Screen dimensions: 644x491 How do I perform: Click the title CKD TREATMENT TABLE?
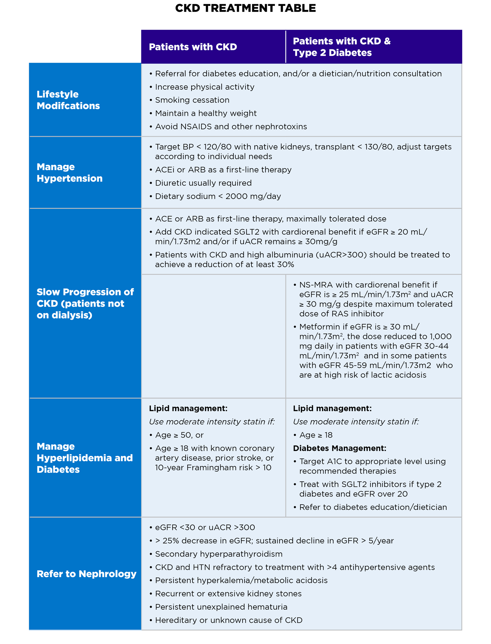[x=245, y=8]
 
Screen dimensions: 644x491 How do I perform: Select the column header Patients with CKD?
[x=193, y=47]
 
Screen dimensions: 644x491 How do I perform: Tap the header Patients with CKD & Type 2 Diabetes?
[x=341, y=47]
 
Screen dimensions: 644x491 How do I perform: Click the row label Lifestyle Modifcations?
[x=68, y=100]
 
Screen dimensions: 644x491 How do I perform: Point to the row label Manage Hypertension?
[x=69, y=172]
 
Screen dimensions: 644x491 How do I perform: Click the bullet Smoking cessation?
[x=192, y=100]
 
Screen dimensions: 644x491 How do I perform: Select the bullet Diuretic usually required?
[x=203, y=183]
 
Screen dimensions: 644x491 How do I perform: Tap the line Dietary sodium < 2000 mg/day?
[x=218, y=196]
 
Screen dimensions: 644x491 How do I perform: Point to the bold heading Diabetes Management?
[x=339, y=448]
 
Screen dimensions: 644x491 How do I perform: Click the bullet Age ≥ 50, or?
[x=179, y=435]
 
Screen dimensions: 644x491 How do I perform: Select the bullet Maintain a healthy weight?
[x=206, y=113]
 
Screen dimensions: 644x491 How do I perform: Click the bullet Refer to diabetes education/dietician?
[x=373, y=507]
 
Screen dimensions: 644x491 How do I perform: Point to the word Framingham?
[x=210, y=467]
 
